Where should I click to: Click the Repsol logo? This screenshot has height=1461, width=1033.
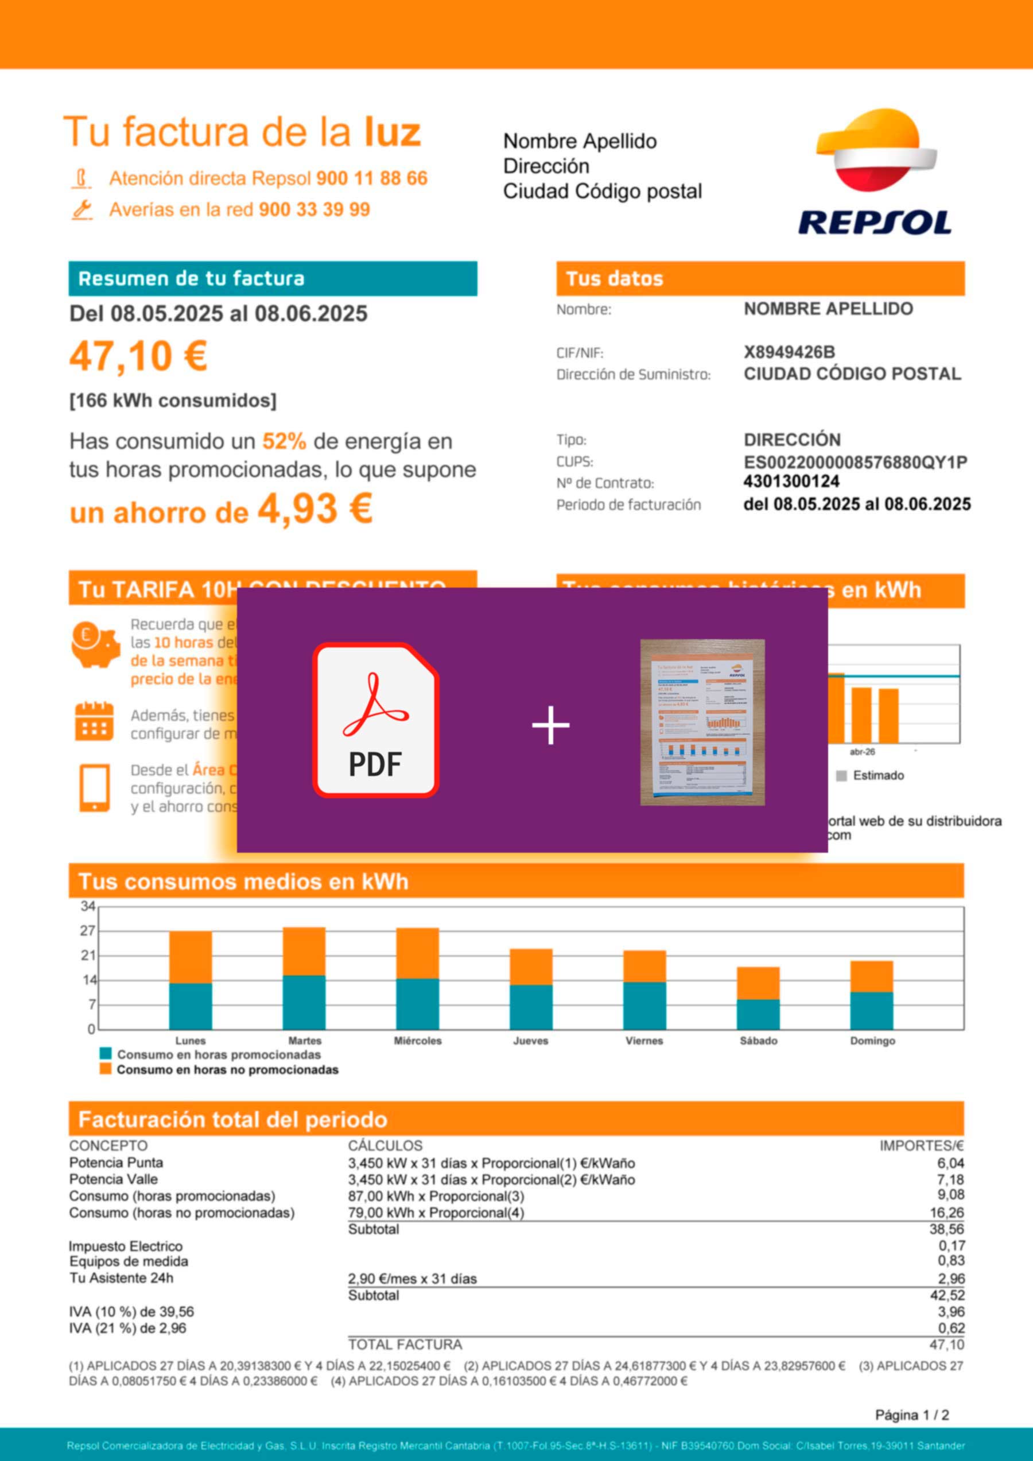click(875, 172)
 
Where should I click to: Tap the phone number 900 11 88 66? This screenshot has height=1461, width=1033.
click(372, 178)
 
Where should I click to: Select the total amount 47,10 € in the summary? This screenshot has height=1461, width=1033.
click(138, 356)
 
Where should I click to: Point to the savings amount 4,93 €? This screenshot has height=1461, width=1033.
click(314, 510)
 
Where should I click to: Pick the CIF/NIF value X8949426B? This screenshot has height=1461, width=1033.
click(789, 352)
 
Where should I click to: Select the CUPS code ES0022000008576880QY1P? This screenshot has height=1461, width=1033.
click(855, 462)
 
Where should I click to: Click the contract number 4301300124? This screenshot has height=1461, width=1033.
click(791, 481)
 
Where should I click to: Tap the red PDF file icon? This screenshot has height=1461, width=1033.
click(375, 720)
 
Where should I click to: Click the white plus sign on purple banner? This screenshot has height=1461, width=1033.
click(550, 725)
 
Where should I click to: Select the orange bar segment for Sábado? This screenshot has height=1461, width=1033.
click(758, 983)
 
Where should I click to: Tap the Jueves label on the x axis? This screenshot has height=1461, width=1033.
click(531, 1041)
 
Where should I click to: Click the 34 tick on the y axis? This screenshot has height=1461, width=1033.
click(88, 906)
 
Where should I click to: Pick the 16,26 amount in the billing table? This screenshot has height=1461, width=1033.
click(946, 1213)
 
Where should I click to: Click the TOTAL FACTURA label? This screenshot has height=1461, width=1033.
click(405, 1345)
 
